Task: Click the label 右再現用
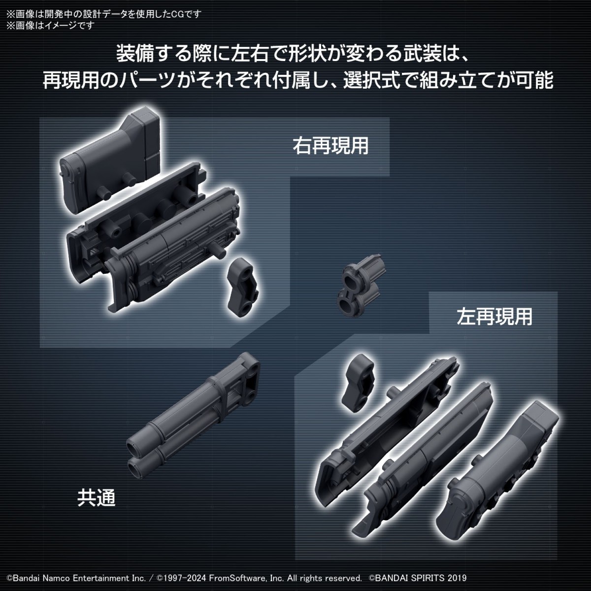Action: coord(330,146)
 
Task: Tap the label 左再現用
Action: coord(494,317)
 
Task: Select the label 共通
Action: coord(96,497)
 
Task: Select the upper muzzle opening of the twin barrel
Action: coord(133,447)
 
